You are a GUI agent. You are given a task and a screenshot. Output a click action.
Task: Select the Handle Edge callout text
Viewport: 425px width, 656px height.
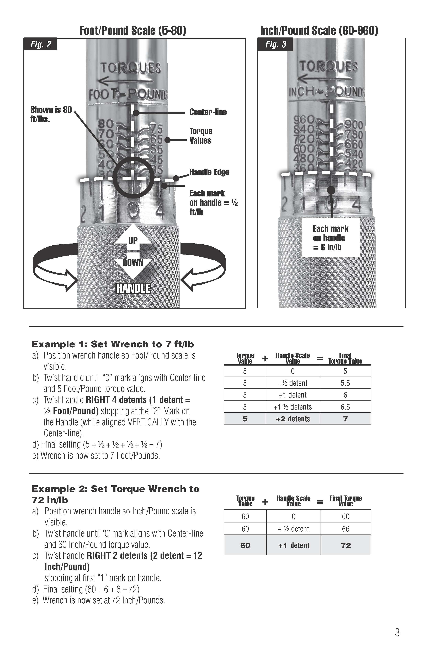click(209, 172)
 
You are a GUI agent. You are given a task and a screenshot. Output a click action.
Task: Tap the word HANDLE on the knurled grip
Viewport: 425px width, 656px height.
click(133, 289)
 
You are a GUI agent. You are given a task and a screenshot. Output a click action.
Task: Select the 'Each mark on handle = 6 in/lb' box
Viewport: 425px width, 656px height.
click(331, 238)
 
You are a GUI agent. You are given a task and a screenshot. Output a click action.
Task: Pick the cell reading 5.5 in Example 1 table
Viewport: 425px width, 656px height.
click(345, 383)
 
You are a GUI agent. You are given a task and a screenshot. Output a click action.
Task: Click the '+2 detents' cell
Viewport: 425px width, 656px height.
click(293, 419)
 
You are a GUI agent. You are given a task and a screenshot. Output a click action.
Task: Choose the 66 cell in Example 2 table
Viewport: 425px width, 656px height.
click(346, 529)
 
